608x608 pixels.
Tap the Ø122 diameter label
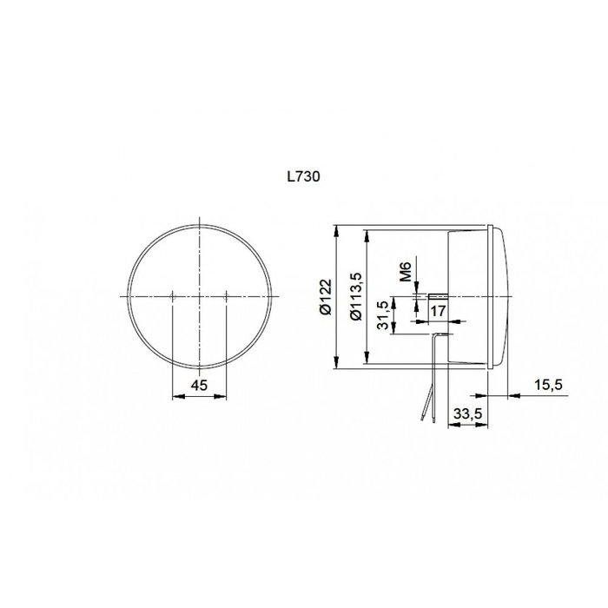click(x=323, y=297)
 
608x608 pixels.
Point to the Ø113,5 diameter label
click(x=354, y=297)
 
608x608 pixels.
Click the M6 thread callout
click(x=405, y=274)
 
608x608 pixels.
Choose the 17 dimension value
click(x=439, y=310)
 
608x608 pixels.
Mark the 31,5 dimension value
click(x=381, y=314)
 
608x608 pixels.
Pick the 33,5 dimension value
click(x=467, y=415)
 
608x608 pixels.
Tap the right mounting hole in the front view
click(x=227, y=296)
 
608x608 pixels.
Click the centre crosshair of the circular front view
click(x=200, y=296)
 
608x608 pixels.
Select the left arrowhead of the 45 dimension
click(x=178, y=395)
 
